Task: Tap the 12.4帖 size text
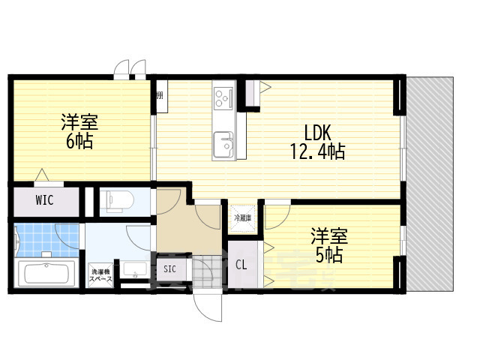(317, 151)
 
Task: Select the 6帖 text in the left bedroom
(79, 141)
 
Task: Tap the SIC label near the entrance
(169, 268)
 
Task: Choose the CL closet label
(242, 264)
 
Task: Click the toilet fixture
(118, 200)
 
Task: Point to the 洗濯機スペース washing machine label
(100, 275)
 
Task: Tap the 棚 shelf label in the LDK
(160, 96)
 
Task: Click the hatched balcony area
(429, 184)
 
